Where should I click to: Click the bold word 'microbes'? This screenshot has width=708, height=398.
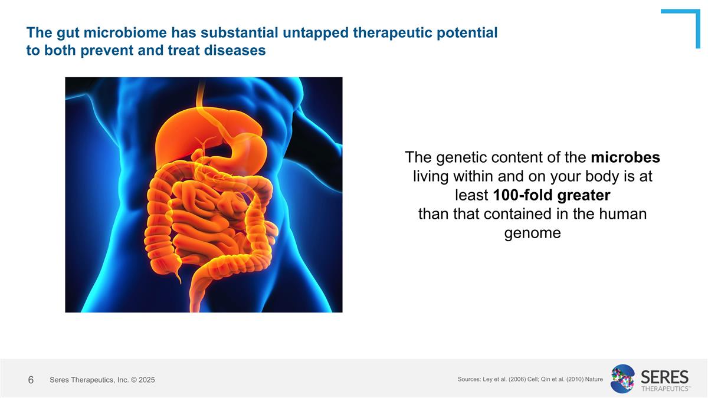point(625,157)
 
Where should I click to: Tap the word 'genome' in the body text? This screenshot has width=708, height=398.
point(532,233)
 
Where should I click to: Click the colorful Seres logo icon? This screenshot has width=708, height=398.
point(622,379)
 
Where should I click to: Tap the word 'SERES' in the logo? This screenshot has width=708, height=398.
point(664,376)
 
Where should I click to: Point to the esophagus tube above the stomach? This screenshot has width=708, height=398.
point(201,94)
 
